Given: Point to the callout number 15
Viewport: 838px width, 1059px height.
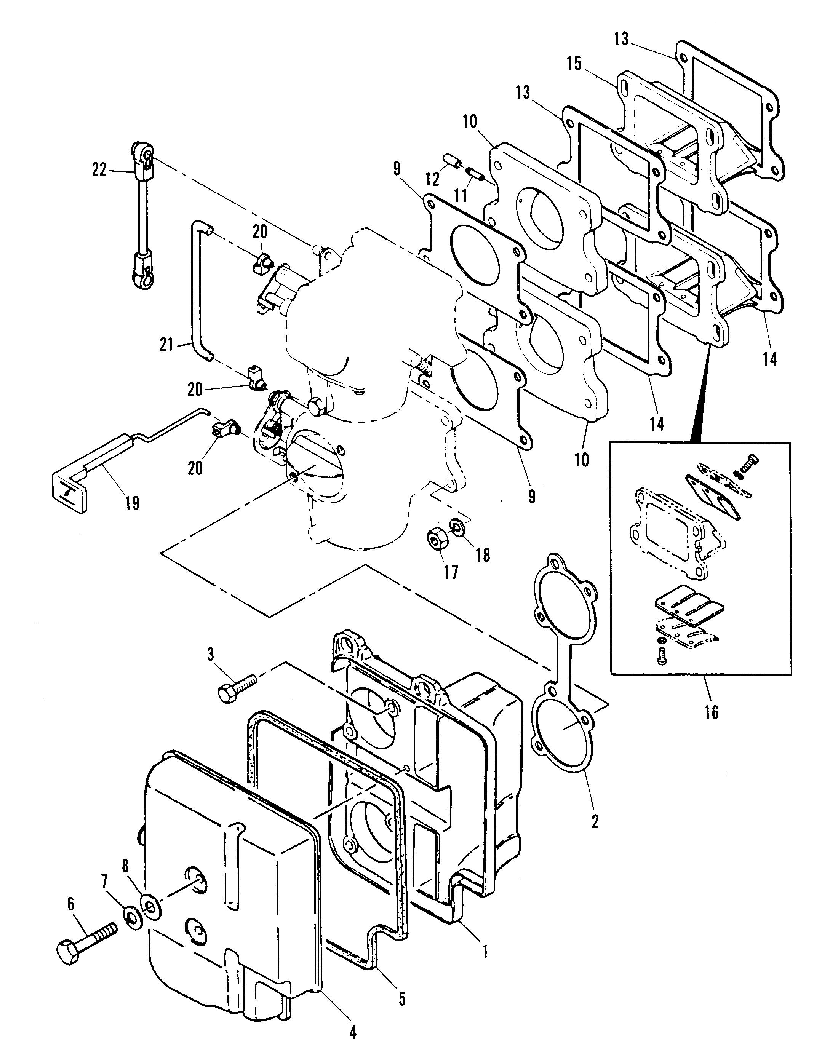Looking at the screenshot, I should coord(574,64).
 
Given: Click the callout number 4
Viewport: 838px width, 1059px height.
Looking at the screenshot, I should coord(352,1032).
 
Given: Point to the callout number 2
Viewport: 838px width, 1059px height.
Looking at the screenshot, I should coord(595,822).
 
